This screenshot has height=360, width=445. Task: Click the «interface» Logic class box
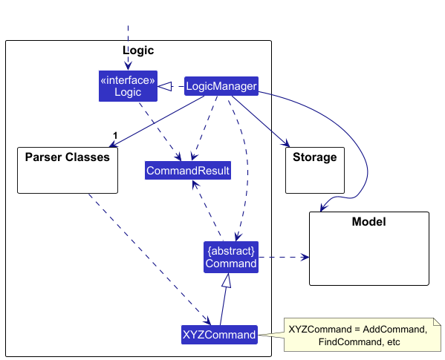(x=128, y=86)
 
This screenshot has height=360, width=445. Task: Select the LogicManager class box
(x=221, y=86)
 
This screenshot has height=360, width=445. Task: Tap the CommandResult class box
(x=188, y=171)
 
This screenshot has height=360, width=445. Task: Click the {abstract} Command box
(x=231, y=257)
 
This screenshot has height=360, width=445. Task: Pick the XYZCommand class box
(x=219, y=335)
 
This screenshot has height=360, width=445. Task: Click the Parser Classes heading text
(x=68, y=157)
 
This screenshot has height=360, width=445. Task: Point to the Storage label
(x=315, y=157)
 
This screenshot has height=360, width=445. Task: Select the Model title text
(x=369, y=221)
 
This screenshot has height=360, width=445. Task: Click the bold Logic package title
(x=138, y=50)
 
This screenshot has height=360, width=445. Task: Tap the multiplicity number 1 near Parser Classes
(x=115, y=136)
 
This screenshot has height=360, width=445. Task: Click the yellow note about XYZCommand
(x=363, y=335)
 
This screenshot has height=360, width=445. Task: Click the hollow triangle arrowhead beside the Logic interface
(x=165, y=86)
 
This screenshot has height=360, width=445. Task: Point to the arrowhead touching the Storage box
(x=286, y=143)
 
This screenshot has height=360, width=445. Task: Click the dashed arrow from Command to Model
(x=284, y=257)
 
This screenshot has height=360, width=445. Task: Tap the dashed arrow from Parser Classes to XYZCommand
(x=149, y=259)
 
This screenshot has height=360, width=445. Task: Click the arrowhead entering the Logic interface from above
(x=128, y=66)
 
